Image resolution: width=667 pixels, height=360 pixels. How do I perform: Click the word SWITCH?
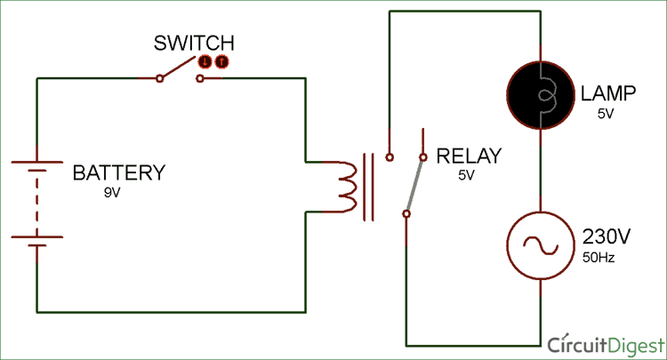click(x=194, y=43)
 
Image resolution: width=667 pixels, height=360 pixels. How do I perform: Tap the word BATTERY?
click(x=118, y=172)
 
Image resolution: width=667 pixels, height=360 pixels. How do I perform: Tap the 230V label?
click(x=606, y=237)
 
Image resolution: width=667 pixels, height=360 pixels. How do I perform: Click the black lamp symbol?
click(x=541, y=92)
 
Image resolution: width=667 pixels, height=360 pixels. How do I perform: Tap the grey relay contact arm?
click(x=414, y=185)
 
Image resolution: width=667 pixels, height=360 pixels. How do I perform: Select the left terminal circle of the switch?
click(x=159, y=78)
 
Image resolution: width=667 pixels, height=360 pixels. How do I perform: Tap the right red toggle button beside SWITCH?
click(x=221, y=61)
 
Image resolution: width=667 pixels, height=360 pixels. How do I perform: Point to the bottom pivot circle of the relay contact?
click(x=406, y=213)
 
